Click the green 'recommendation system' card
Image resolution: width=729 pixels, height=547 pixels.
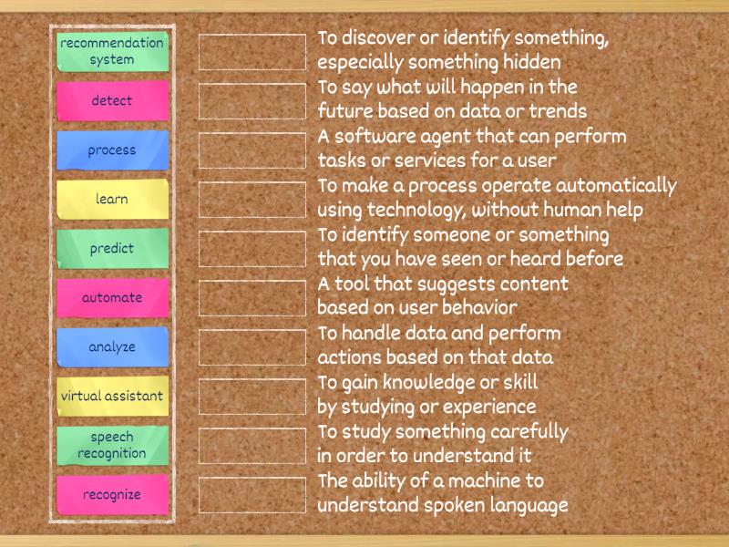pyautogui.click(x=112, y=51)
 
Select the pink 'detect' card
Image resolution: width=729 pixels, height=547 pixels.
pyautogui.click(x=112, y=100)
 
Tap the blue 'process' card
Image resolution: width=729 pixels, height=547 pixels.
pyautogui.click(x=112, y=150)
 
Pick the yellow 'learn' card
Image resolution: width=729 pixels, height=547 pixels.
pyautogui.click(x=112, y=199)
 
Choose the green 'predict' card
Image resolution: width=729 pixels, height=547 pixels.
pyautogui.click(x=112, y=248)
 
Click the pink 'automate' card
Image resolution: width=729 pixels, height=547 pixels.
pyautogui.click(x=112, y=297)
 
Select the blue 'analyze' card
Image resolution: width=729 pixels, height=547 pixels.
pyautogui.click(x=112, y=346)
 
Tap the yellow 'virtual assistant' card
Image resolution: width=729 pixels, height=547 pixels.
pyautogui.click(x=112, y=396)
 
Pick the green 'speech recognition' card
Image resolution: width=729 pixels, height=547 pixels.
pyautogui.click(x=112, y=445)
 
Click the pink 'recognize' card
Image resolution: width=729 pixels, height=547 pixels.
pyautogui.click(x=112, y=494)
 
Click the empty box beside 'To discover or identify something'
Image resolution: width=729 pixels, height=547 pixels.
pyautogui.click(x=252, y=51)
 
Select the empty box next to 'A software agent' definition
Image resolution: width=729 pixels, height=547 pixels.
pyautogui.click(x=252, y=150)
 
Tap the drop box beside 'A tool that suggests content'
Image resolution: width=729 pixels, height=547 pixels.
pyautogui.click(x=252, y=297)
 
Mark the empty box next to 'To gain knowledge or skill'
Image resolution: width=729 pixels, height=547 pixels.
pyautogui.click(x=252, y=396)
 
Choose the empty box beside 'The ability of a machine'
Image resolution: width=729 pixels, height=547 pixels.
pyautogui.click(x=252, y=494)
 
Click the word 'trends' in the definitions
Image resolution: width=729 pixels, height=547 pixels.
pyautogui.click(x=556, y=112)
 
